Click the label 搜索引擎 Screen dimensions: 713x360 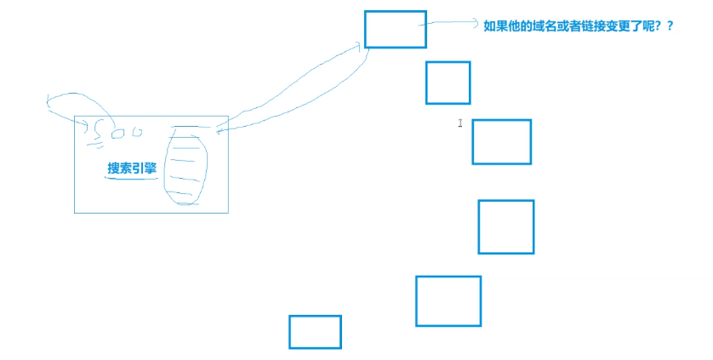(x=132, y=169)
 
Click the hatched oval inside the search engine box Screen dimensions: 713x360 (x=186, y=165)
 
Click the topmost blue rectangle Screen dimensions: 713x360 (x=395, y=29)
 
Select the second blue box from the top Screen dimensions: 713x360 (x=448, y=83)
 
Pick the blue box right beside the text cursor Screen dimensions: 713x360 (x=501, y=141)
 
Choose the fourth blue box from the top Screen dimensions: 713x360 (x=505, y=226)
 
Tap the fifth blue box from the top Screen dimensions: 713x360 (x=448, y=300)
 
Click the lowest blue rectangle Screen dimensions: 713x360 (x=315, y=331)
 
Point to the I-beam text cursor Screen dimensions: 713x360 (x=460, y=123)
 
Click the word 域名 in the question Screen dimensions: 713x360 (x=542, y=26)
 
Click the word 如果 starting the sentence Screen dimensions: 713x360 (x=494, y=26)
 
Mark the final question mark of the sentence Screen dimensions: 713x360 (x=670, y=26)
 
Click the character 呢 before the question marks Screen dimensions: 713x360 (x=644, y=26)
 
